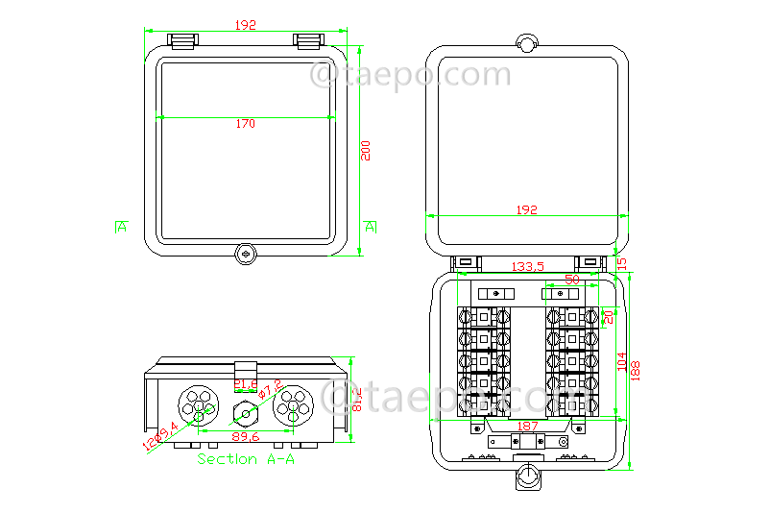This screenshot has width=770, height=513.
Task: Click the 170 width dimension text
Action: (245, 124)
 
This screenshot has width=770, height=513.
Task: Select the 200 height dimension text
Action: (366, 150)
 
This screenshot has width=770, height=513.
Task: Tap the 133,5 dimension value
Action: (527, 266)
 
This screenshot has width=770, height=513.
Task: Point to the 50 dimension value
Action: (572, 281)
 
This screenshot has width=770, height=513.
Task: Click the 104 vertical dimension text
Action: (621, 362)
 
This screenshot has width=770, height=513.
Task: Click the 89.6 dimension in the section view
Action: (245, 436)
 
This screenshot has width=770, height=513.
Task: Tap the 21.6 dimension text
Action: (246, 385)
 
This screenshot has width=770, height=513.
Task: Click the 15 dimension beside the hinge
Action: (621, 262)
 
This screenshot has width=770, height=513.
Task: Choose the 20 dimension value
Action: (607, 317)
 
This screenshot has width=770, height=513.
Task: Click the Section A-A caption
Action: (245, 460)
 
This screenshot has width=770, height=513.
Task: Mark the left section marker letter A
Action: (121, 228)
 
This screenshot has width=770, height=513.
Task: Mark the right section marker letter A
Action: (371, 228)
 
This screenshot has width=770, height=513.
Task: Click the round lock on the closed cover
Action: (246, 255)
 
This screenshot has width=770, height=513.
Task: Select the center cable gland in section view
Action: (246, 415)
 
